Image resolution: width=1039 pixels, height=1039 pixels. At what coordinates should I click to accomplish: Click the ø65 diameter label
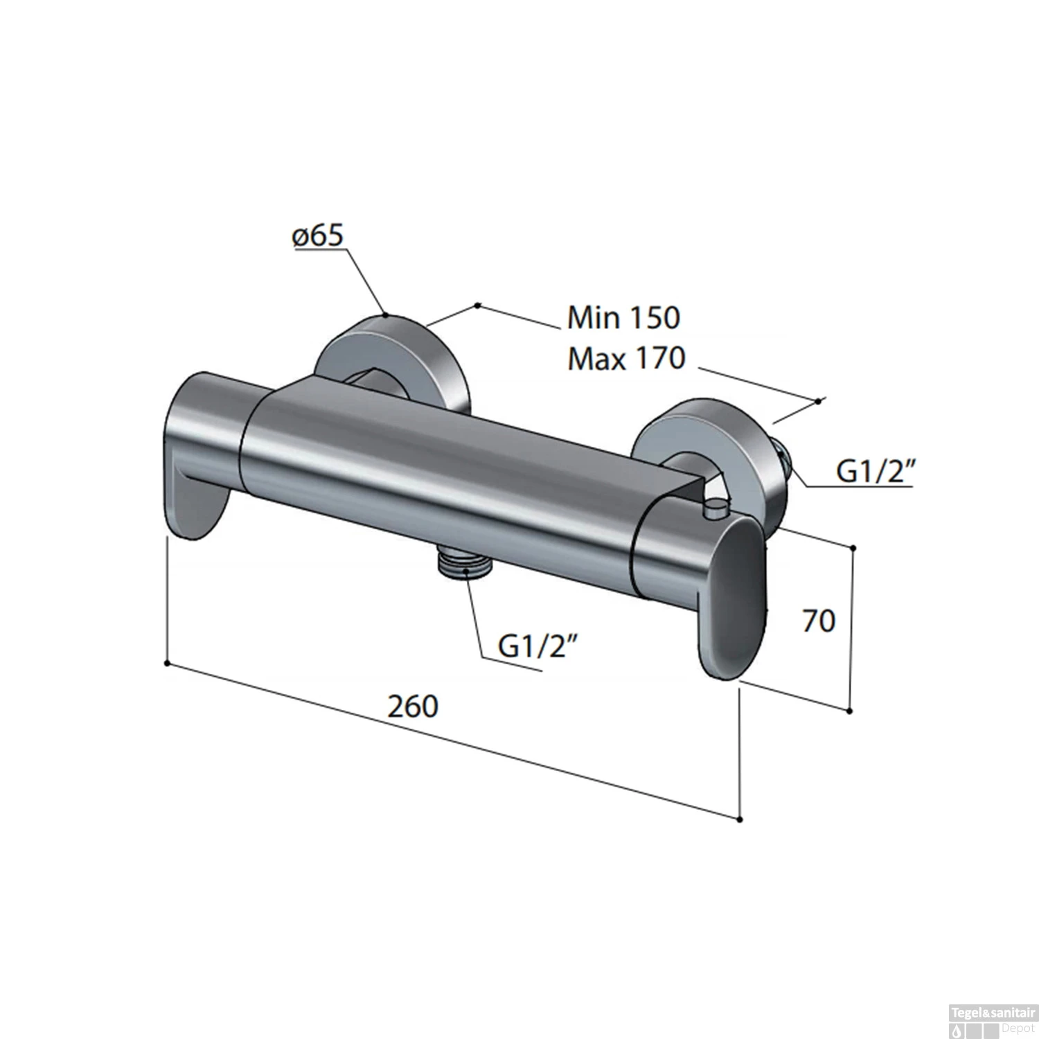pos(318,236)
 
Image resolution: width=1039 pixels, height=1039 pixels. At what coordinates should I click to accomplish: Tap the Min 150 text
pos(623,318)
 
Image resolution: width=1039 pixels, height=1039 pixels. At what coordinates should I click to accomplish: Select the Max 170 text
pos(625,359)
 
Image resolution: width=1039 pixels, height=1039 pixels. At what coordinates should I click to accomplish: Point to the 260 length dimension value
pos(413,707)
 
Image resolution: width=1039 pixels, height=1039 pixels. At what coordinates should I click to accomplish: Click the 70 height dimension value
pos(819,621)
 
